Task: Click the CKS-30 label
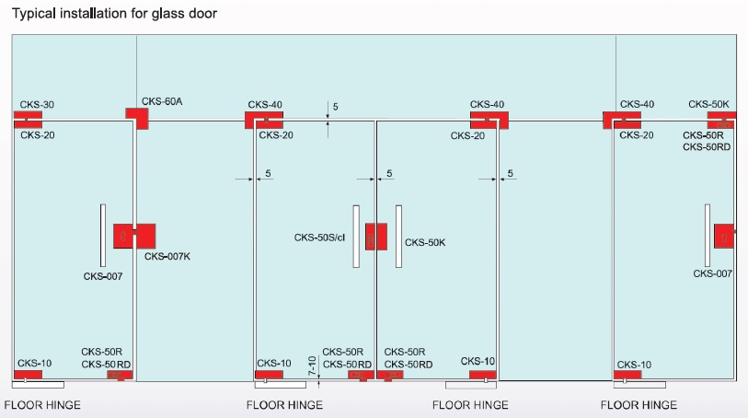click(x=36, y=105)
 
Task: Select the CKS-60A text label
click(x=162, y=101)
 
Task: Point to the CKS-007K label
click(x=167, y=256)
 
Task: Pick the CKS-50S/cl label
click(x=319, y=238)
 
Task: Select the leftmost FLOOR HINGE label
click(x=42, y=405)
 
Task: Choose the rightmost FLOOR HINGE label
click(x=639, y=405)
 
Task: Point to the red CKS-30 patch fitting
click(x=28, y=119)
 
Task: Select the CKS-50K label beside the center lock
click(x=425, y=243)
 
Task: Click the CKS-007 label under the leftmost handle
click(x=102, y=276)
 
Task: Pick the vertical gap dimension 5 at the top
click(x=336, y=107)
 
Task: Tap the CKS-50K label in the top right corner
click(x=708, y=105)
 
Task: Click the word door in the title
click(x=204, y=15)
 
